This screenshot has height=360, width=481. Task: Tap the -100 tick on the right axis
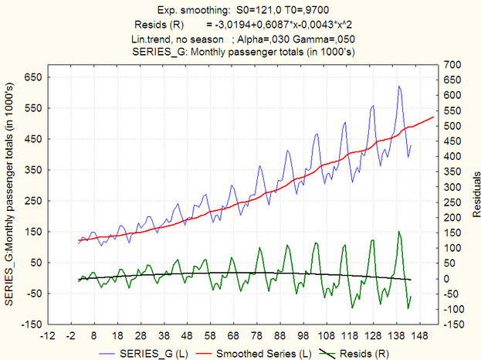[454, 309]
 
